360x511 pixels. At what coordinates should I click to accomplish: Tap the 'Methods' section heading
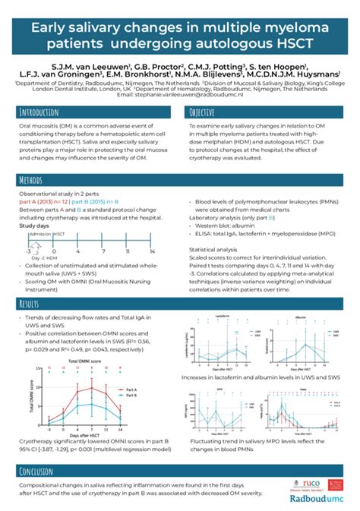[x=33, y=181]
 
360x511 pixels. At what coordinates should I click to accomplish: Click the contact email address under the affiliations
[x=179, y=95]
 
